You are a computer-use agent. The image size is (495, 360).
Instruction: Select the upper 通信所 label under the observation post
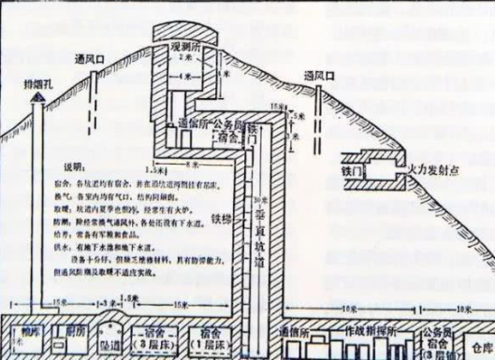point(191,122)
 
